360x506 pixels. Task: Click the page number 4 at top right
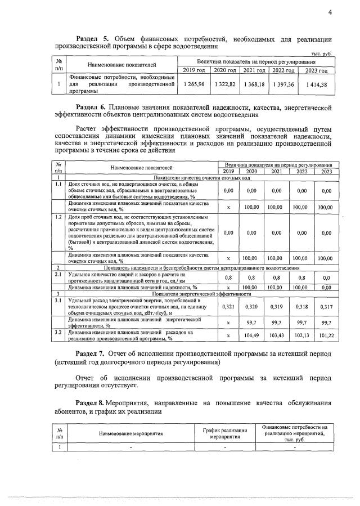[x=330, y=12]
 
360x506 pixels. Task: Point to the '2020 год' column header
[x=224, y=70]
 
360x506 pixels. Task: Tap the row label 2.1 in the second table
[x=58, y=274]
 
